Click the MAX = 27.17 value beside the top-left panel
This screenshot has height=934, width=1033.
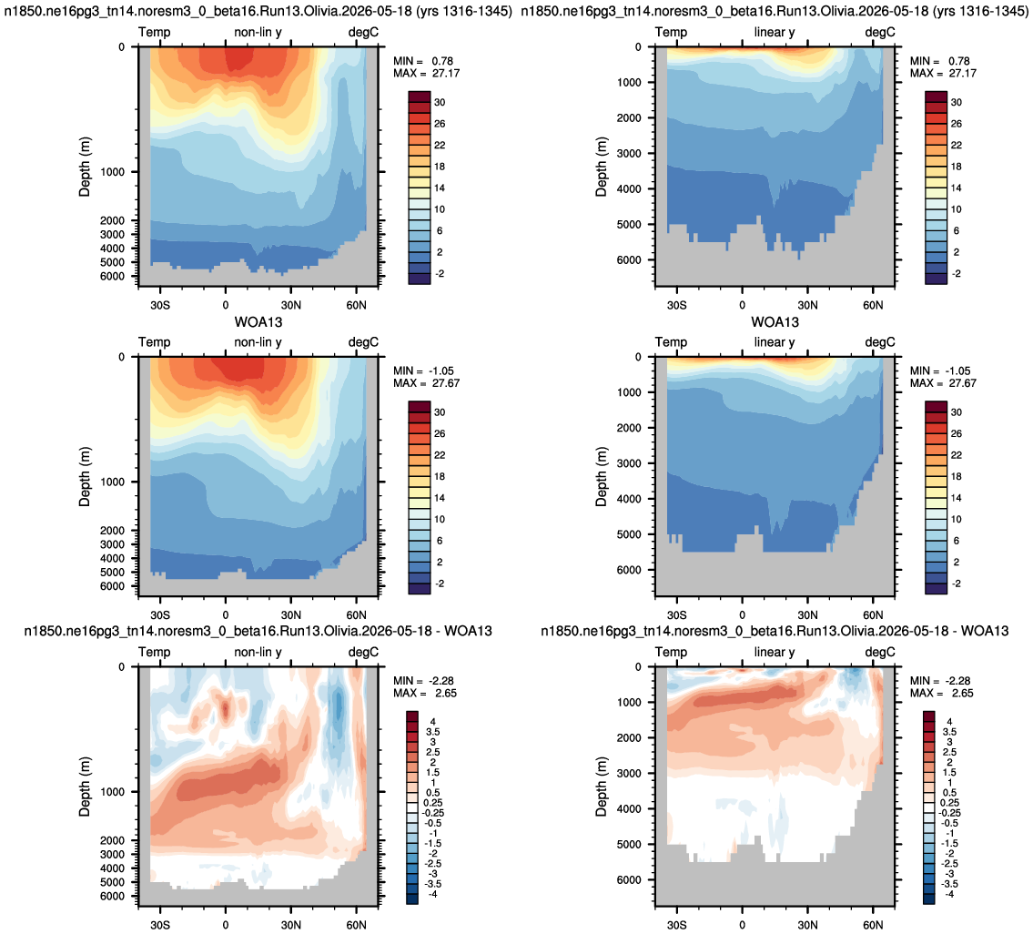426,73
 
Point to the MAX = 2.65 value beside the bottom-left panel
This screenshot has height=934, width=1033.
425,694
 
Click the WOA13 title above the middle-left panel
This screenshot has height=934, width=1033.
258,322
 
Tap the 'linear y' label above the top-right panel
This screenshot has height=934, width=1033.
775,32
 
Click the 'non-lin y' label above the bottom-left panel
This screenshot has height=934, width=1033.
258,652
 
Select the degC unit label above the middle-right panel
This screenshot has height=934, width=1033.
880,342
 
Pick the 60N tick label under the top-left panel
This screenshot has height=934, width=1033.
357,305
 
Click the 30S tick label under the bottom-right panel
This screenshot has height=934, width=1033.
676,925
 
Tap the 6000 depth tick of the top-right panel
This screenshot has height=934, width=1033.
629,259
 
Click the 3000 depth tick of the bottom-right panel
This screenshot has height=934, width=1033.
629,773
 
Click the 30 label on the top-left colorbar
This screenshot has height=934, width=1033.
440,102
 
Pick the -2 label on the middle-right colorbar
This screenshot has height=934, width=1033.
955,584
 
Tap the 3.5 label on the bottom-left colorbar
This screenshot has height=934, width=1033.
433,732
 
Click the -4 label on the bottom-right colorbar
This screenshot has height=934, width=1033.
948,894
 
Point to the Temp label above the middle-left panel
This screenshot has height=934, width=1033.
154,342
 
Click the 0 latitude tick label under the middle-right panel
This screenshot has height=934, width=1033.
742,615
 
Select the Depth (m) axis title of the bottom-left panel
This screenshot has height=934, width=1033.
85,787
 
